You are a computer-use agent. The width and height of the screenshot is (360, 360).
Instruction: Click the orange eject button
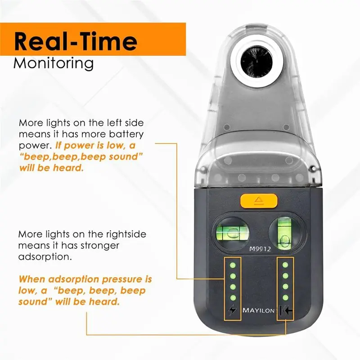(x=259, y=201)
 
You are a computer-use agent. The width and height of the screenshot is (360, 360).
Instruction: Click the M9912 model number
(x=260, y=249)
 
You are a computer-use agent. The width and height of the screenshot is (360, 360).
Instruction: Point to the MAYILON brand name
(x=258, y=310)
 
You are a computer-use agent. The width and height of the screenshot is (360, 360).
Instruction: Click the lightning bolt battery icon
(x=233, y=310)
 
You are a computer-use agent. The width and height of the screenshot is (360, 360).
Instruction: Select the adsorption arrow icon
(x=285, y=310)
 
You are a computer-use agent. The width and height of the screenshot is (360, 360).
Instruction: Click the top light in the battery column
(x=233, y=265)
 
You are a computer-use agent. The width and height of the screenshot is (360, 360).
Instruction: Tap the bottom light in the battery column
(x=233, y=298)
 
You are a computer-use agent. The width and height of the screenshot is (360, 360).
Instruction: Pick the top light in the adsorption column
(x=285, y=265)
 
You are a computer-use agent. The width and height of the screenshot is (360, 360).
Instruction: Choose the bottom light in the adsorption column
(x=285, y=297)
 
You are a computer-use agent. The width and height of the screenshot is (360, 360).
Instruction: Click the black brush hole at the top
(x=256, y=62)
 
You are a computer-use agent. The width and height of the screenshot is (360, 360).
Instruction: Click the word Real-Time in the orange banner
(x=76, y=41)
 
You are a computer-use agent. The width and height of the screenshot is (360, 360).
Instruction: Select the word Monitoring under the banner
(x=54, y=63)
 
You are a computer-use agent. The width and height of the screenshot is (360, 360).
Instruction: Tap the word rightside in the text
(x=126, y=234)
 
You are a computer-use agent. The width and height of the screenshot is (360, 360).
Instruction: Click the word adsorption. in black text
(x=45, y=257)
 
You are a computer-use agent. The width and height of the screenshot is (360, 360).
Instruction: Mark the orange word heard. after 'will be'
(x=68, y=168)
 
